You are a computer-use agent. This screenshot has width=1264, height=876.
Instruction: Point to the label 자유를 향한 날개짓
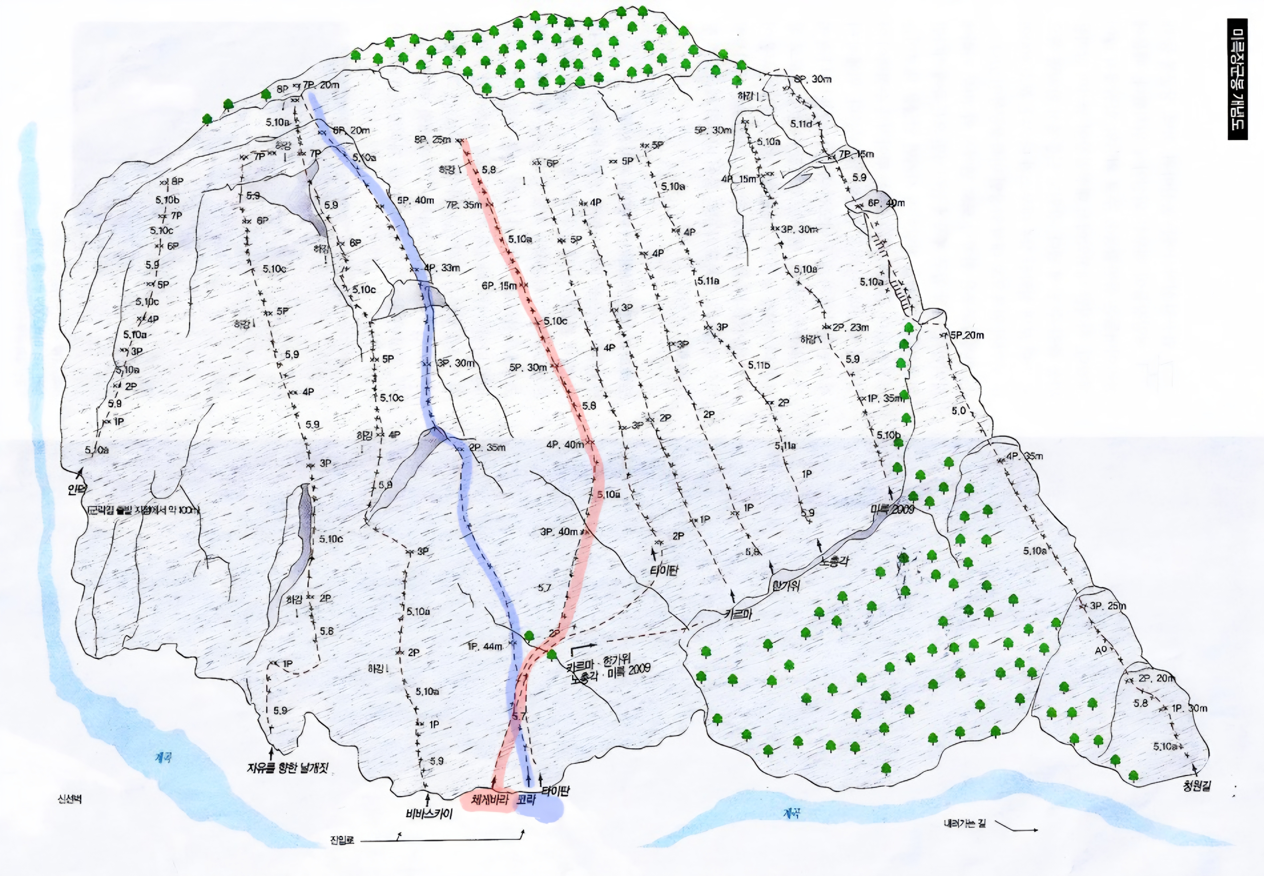click(290, 767)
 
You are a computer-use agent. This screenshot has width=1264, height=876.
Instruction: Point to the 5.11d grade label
click(801, 124)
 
